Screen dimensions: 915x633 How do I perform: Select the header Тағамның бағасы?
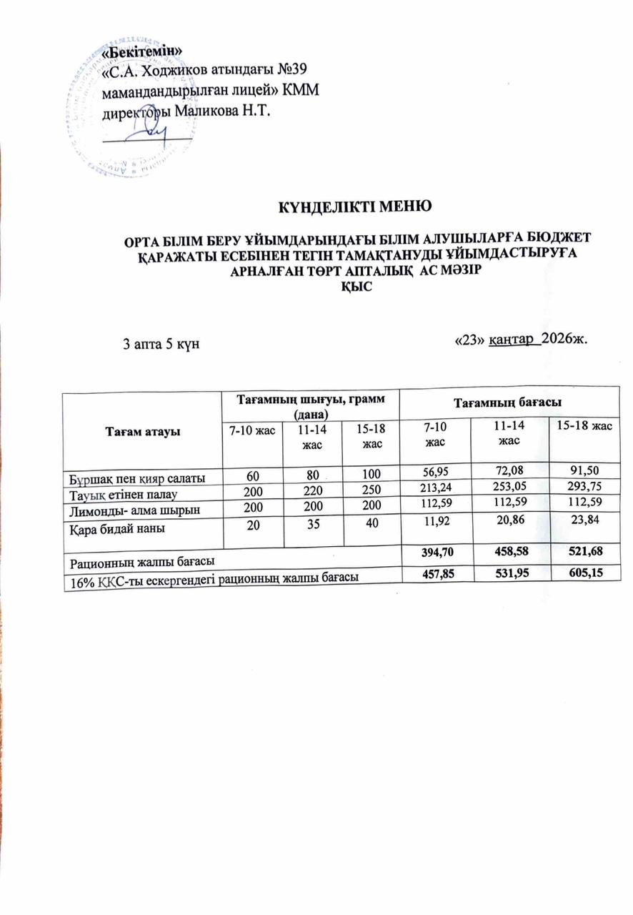click(507, 403)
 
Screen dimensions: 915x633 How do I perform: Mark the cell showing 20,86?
click(507, 523)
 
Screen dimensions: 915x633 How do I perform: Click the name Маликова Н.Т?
click(229, 109)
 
